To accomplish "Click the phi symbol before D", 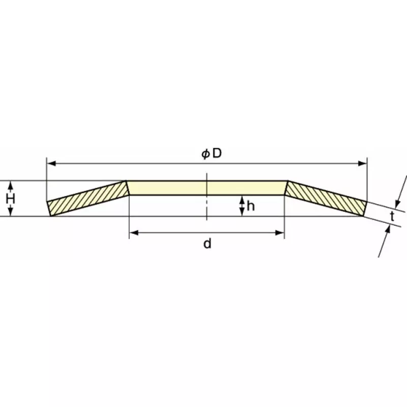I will tap(205, 154).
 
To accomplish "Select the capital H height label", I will tap(10, 198).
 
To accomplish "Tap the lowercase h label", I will tap(250, 206).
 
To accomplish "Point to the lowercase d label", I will tap(207, 244).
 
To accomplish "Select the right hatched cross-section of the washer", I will tap(326, 198).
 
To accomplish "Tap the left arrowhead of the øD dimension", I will tap(50, 163).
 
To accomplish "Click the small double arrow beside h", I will tap(242, 206).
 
